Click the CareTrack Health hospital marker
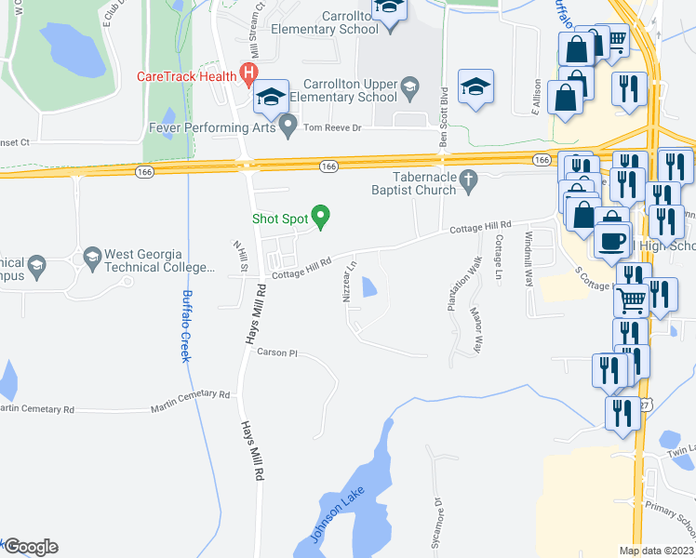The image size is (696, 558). pyautogui.click(x=248, y=72)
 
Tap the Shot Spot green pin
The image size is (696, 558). pyautogui.click(x=322, y=218)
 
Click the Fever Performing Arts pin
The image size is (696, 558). pyautogui.click(x=288, y=125)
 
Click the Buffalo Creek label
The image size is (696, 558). pyautogui.click(x=187, y=325)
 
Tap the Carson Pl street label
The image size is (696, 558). pyautogui.click(x=276, y=353)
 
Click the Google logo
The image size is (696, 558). pyautogui.click(x=30, y=547)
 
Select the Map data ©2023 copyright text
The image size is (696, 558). pyautogui.click(x=657, y=551)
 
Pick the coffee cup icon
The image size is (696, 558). pyautogui.click(x=611, y=240)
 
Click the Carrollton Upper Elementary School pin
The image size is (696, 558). pyautogui.click(x=409, y=90)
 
